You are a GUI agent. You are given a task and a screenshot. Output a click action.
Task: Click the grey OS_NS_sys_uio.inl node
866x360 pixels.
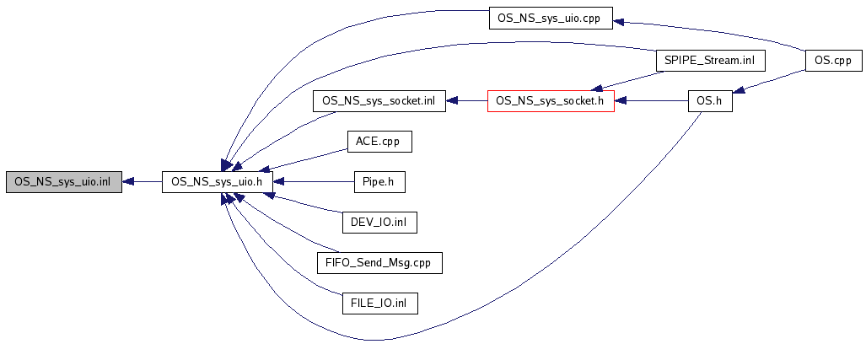click(63, 181)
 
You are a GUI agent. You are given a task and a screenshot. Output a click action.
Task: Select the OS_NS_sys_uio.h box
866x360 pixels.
click(218, 181)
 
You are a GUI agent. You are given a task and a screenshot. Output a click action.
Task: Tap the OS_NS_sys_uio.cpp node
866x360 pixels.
click(550, 19)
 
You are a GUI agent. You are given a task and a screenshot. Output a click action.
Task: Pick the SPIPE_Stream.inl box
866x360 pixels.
click(709, 61)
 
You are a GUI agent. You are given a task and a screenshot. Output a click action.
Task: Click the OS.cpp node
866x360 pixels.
click(833, 61)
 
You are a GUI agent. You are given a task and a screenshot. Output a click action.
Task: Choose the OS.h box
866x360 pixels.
click(710, 101)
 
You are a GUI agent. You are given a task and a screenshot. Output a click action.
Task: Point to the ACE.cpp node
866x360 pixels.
click(379, 142)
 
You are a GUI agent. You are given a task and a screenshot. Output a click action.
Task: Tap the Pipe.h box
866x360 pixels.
click(379, 181)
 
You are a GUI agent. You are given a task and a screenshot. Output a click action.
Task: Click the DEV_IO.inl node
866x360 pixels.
click(379, 222)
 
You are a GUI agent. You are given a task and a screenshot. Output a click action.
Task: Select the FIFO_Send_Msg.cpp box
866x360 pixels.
click(379, 262)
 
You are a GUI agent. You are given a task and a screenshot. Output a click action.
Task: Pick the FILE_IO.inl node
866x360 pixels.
click(379, 303)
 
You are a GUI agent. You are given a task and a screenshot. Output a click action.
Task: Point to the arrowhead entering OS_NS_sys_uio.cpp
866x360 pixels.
click(618, 22)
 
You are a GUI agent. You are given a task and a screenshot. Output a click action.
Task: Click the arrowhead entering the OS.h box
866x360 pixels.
click(739, 89)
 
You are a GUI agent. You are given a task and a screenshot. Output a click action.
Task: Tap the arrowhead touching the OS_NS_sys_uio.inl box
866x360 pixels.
click(128, 181)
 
